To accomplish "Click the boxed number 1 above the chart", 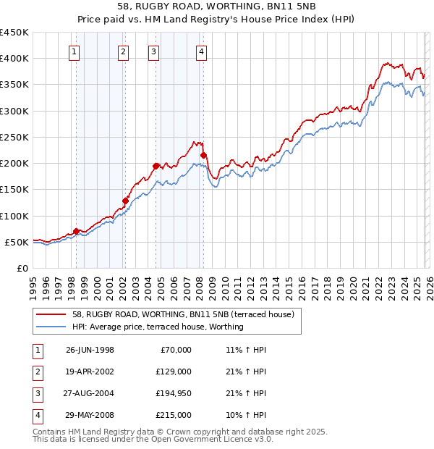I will [x=75, y=51].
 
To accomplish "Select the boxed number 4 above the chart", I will [x=200, y=51].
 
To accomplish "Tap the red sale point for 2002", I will [x=125, y=201].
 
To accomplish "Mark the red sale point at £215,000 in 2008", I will [x=203, y=155].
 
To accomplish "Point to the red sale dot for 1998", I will [x=76, y=231].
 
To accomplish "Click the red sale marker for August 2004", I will [x=156, y=166].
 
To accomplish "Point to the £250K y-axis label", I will [x=14, y=137].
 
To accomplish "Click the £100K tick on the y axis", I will [x=14, y=216].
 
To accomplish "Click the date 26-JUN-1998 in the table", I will [x=90, y=350].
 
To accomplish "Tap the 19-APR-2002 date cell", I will [x=90, y=372].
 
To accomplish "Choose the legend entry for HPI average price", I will [x=158, y=327].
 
